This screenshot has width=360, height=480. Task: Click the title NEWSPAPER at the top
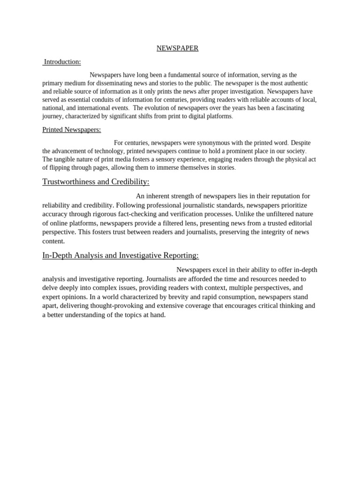[x=177, y=48]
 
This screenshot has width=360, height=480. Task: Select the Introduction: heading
[x=62, y=62]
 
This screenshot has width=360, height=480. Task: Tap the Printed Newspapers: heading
[x=72, y=129]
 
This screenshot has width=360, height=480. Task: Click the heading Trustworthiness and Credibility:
[x=96, y=182]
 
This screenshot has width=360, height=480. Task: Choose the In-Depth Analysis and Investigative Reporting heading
[x=120, y=255]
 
